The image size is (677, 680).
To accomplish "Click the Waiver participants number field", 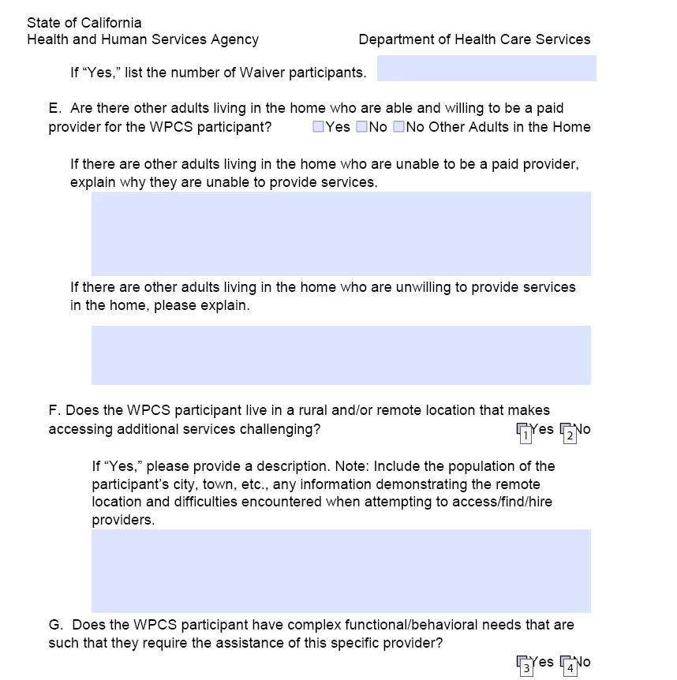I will click(x=486, y=69).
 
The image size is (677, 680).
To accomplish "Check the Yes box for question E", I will click(x=318, y=127).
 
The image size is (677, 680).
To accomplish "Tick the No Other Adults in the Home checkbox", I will click(x=398, y=127).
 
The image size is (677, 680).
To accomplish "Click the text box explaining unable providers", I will click(x=341, y=234).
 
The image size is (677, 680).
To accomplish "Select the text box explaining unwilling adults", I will click(x=341, y=355).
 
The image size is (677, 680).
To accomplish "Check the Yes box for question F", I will click(x=522, y=431).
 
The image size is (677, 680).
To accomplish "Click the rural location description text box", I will click(x=341, y=570).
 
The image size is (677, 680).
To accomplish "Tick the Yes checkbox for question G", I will click(x=522, y=663).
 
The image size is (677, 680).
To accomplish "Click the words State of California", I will click(x=84, y=23).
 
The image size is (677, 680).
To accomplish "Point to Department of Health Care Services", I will click(x=474, y=39).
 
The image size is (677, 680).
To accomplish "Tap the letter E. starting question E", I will click(x=54, y=108).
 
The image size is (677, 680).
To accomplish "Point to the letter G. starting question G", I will click(x=55, y=625).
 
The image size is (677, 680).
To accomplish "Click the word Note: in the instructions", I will click(x=376, y=465).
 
